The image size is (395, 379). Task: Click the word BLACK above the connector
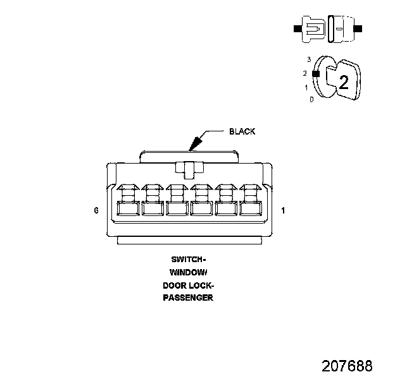242,131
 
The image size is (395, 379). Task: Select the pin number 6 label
96,210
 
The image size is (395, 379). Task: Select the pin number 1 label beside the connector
282,210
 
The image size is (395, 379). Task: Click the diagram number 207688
347,366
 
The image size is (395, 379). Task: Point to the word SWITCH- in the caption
188,260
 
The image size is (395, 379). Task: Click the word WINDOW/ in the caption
188,272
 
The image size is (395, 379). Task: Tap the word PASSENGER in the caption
188,298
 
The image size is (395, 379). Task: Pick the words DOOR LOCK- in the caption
188,285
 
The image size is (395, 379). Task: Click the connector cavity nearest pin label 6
128,208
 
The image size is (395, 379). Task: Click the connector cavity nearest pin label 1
250,208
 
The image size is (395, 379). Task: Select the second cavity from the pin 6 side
153,208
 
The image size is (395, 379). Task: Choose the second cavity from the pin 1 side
226,208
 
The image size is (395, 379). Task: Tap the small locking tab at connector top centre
189,169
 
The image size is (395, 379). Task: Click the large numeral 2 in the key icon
344,82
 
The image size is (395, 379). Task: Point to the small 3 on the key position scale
309,59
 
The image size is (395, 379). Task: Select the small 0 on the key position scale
311,99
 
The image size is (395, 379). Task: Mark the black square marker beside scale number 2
316,73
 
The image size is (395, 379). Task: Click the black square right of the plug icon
358,29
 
